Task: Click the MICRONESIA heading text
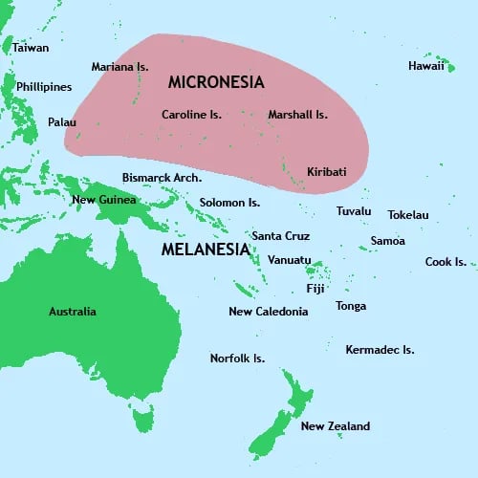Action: coord(216,82)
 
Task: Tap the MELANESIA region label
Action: coord(205,250)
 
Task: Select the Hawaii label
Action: coord(426,66)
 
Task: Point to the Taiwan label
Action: coord(31,47)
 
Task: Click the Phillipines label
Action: coord(44,87)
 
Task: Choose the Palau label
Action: coord(62,122)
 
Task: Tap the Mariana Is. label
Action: coord(119,67)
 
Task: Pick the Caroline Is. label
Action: coord(191,115)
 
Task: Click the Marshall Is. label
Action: coord(297,115)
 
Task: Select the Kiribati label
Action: coord(327,172)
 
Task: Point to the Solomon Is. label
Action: coord(229,203)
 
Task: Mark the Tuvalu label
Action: coord(354,211)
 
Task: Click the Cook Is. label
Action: coord(445,262)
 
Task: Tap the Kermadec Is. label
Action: coord(380,350)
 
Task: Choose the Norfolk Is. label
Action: coord(237,358)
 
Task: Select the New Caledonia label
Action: coord(269,312)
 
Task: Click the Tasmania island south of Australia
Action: coord(142,418)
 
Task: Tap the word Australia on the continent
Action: coord(73,312)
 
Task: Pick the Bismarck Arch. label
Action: coord(162,178)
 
